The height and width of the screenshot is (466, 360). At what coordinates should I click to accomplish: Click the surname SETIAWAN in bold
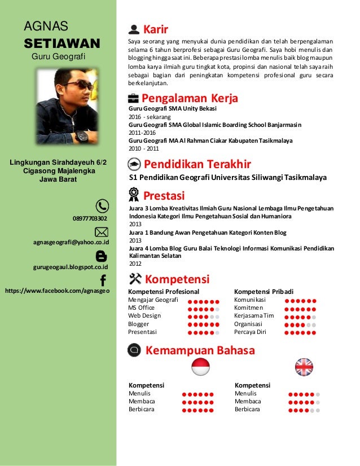(62, 43)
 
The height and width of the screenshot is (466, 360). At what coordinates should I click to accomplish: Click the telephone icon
(102, 206)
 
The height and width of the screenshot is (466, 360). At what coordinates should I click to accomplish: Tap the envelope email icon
(102, 231)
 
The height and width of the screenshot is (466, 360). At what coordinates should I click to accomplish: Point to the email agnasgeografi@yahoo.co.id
(71, 242)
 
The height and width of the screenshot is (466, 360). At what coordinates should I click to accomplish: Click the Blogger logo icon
(102, 256)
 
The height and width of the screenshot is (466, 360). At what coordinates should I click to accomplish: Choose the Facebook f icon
(103, 280)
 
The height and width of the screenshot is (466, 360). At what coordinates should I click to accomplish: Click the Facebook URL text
(57, 291)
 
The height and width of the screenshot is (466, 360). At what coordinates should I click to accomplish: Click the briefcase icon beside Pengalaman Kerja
(134, 98)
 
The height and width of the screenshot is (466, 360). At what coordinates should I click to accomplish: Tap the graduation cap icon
(135, 164)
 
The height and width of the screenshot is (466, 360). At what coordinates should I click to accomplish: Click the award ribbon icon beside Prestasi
(134, 195)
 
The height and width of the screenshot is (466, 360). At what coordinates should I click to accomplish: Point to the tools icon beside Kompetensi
(135, 278)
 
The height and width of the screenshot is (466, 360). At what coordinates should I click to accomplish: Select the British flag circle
(304, 367)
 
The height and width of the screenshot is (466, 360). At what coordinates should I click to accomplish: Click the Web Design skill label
(144, 316)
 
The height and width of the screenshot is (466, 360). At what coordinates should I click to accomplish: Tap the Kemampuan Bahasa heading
(200, 350)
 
